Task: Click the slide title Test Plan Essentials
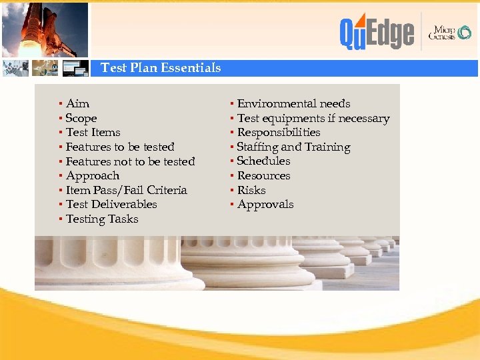tap(160, 68)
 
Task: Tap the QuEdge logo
tap(377, 32)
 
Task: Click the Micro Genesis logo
tap(451, 32)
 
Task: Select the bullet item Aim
tap(77, 103)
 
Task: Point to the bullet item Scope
tap(81, 118)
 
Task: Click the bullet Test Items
tap(93, 132)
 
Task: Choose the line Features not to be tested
tap(130, 161)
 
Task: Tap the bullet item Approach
tap(92, 175)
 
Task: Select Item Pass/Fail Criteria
tap(126, 190)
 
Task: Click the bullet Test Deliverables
tap(111, 204)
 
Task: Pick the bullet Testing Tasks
tap(102, 219)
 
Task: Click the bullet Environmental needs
tap(293, 103)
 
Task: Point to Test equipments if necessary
tap(313, 118)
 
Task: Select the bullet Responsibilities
tap(279, 132)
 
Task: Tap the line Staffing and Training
tap(293, 147)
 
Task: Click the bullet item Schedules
tap(263, 161)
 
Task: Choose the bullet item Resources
tap(263, 175)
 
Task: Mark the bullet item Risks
tap(251, 190)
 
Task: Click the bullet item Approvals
tap(265, 204)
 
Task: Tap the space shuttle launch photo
tap(45, 29)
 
